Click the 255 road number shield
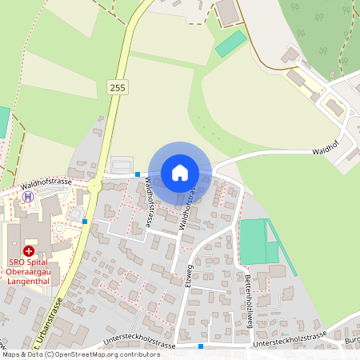coord(118,87)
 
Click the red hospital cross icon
coord(29,250)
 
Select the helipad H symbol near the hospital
coord(28,196)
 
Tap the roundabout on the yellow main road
coord(95,186)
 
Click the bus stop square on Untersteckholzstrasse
coord(201,346)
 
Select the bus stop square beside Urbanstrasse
coord(84,222)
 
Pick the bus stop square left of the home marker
coord(138,174)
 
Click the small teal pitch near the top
coord(231,43)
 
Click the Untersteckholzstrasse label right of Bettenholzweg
coord(290,339)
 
